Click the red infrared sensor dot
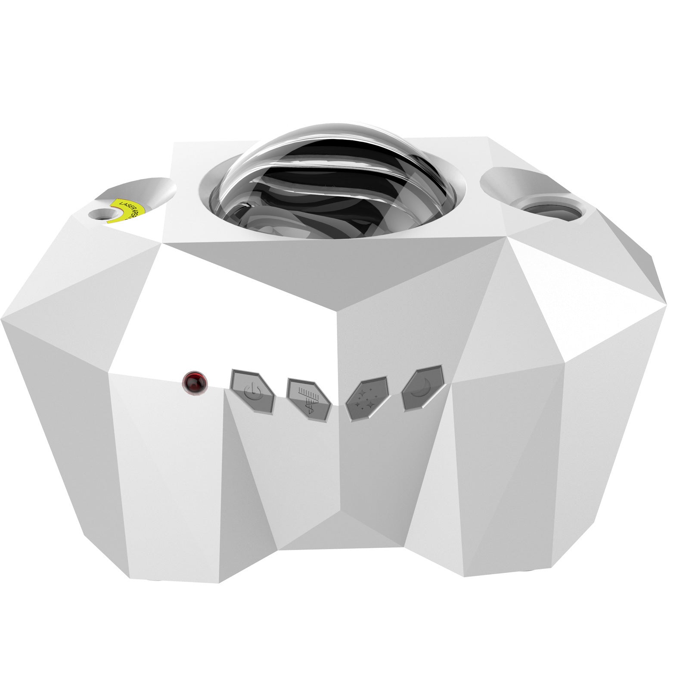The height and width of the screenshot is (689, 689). click(194, 382)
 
